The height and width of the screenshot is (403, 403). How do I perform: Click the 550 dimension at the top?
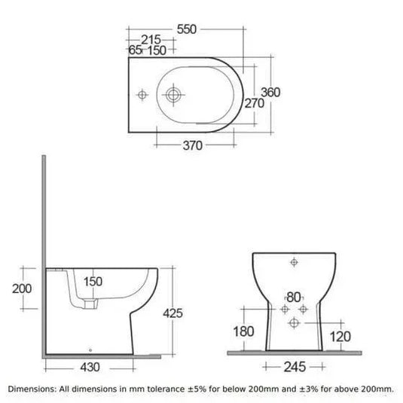pyautogui.click(x=186, y=29)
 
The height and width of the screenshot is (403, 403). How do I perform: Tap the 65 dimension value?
pyautogui.click(x=136, y=50)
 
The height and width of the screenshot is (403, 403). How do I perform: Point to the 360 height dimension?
pyautogui.click(x=270, y=92)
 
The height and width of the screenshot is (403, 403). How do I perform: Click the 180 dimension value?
pyautogui.click(x=243, y=331)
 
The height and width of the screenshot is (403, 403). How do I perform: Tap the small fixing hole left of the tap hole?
pyautogui.click(x=142, y=96)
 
